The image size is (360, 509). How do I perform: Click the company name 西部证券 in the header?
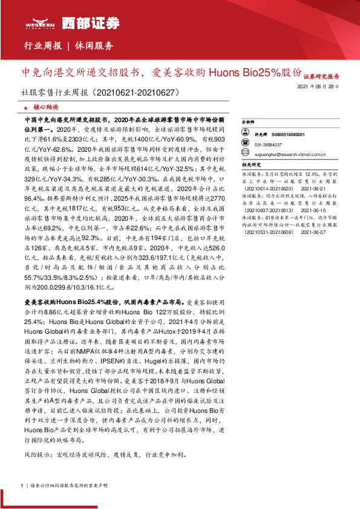(x=70, y=23)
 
